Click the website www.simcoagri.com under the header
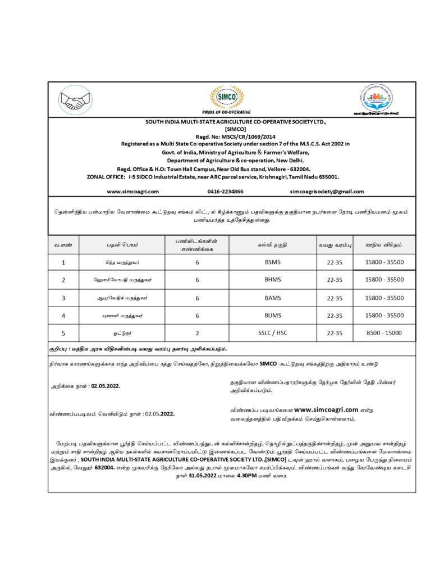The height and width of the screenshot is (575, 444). tap(132, 191)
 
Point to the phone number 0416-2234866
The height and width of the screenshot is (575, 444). tap(225, 191)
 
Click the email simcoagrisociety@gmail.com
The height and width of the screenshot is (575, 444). tap(327, 191)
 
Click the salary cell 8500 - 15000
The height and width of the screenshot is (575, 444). tap(384, 333)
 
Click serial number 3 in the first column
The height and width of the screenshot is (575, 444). tap(63, 298)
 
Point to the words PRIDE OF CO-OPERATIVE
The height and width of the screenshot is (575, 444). tap(223, 112)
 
